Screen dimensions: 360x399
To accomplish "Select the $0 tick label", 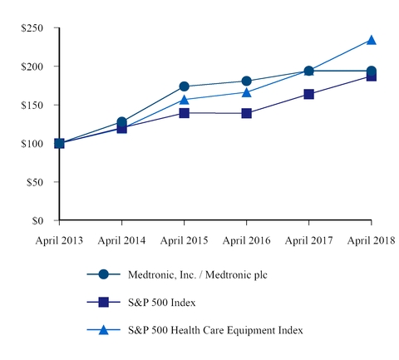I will pyautogui.click(x=39, y=221).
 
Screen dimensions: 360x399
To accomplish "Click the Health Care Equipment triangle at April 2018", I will pyautogui.click(x=371, y=40).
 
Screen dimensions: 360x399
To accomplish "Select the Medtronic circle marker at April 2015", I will pyautogui.click(x=184, y=86).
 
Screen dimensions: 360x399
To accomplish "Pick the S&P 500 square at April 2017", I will pyautogui.click(x=308, y=95).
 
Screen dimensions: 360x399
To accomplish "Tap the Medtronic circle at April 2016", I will pyautogui.click(x=246, y=81).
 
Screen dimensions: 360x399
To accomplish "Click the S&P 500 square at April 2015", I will pyautogui.click(x=184, y=113).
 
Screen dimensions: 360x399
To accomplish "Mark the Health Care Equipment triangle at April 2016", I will pyautogui.click(x=246, y=92).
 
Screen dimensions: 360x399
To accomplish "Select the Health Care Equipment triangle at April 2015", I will pyautogui.click(x=184, y=100).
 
